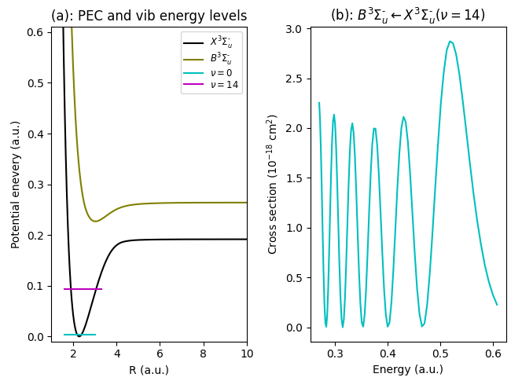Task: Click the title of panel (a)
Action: pos(149,16)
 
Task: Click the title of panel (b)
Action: pos(407,15)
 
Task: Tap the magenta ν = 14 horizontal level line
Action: pos(83,289)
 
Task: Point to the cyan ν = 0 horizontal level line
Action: pos(79,335)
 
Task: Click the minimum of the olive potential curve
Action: pos(95,221)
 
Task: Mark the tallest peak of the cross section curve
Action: pos(450,42)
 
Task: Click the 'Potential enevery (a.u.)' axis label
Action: pos(16,185)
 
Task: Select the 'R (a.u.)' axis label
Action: pos(149,369)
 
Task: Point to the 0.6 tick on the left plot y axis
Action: pos(36,33)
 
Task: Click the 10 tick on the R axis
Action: pos(247,354)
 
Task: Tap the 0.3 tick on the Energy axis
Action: pos(335,354)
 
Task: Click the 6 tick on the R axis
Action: pos(160,354)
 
